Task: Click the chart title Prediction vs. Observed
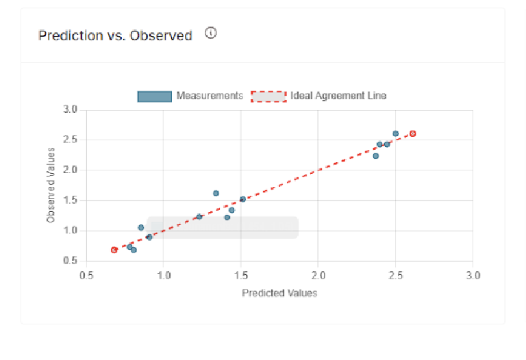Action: (115, 36)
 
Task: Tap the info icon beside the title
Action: (211, 33)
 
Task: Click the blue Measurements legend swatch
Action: (154, 97)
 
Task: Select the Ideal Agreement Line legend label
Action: (338, 96)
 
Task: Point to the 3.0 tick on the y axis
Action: (71, 110)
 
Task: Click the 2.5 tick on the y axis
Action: (71, 140)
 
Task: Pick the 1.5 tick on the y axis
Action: (71, 201)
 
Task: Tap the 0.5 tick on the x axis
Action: (86, 275)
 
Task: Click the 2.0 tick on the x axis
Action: (318, 275)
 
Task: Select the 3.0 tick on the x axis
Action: (473, 275)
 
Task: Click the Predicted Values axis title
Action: (279, 293)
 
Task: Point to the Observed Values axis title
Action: (51, 185)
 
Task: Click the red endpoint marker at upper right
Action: (412, 133)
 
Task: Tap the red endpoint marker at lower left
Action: (114, 250)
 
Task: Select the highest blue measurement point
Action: (395, 133)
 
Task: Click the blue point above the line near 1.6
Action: (216, 193)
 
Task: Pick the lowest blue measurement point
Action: (134, 250)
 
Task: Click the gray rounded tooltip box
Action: (223, 227)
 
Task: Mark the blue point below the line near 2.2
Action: (375, 155)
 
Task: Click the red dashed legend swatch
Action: (268, 97)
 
